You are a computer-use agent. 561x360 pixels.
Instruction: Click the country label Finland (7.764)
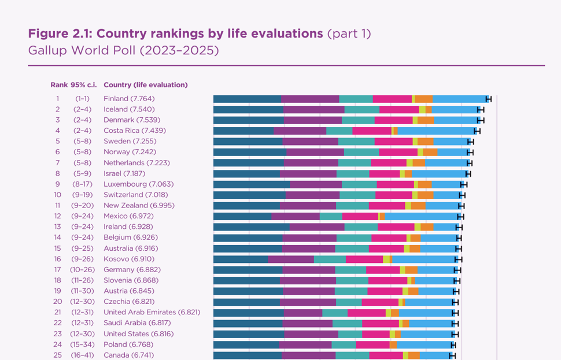click(129, 99)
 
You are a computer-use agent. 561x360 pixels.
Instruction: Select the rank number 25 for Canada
click(58, 355)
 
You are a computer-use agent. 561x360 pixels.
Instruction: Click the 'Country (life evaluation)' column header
click(145, 85)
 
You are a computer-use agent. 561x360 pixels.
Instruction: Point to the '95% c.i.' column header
click(84, 85)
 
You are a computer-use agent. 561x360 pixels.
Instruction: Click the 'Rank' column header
click(58, 85)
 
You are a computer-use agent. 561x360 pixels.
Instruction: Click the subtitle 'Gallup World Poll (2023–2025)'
click(123, 50)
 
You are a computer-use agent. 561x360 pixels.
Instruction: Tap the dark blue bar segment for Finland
click(247, 99)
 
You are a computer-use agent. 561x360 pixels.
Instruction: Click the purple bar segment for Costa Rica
click(300, 131)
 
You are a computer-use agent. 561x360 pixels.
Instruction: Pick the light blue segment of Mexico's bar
click(422, 216)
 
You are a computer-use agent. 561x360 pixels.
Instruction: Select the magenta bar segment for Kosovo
click(364, 259)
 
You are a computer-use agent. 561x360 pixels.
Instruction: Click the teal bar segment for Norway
click(361, 152)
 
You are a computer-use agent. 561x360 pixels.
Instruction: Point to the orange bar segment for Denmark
click(426, 120)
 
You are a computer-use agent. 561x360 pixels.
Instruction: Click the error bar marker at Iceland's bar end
click(481, 109)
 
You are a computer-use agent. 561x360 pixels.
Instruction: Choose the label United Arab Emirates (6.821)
click(152, 312)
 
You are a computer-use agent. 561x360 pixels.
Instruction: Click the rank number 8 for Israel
click(58, 173)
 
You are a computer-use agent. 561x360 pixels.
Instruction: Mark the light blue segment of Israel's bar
click(440, 173)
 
